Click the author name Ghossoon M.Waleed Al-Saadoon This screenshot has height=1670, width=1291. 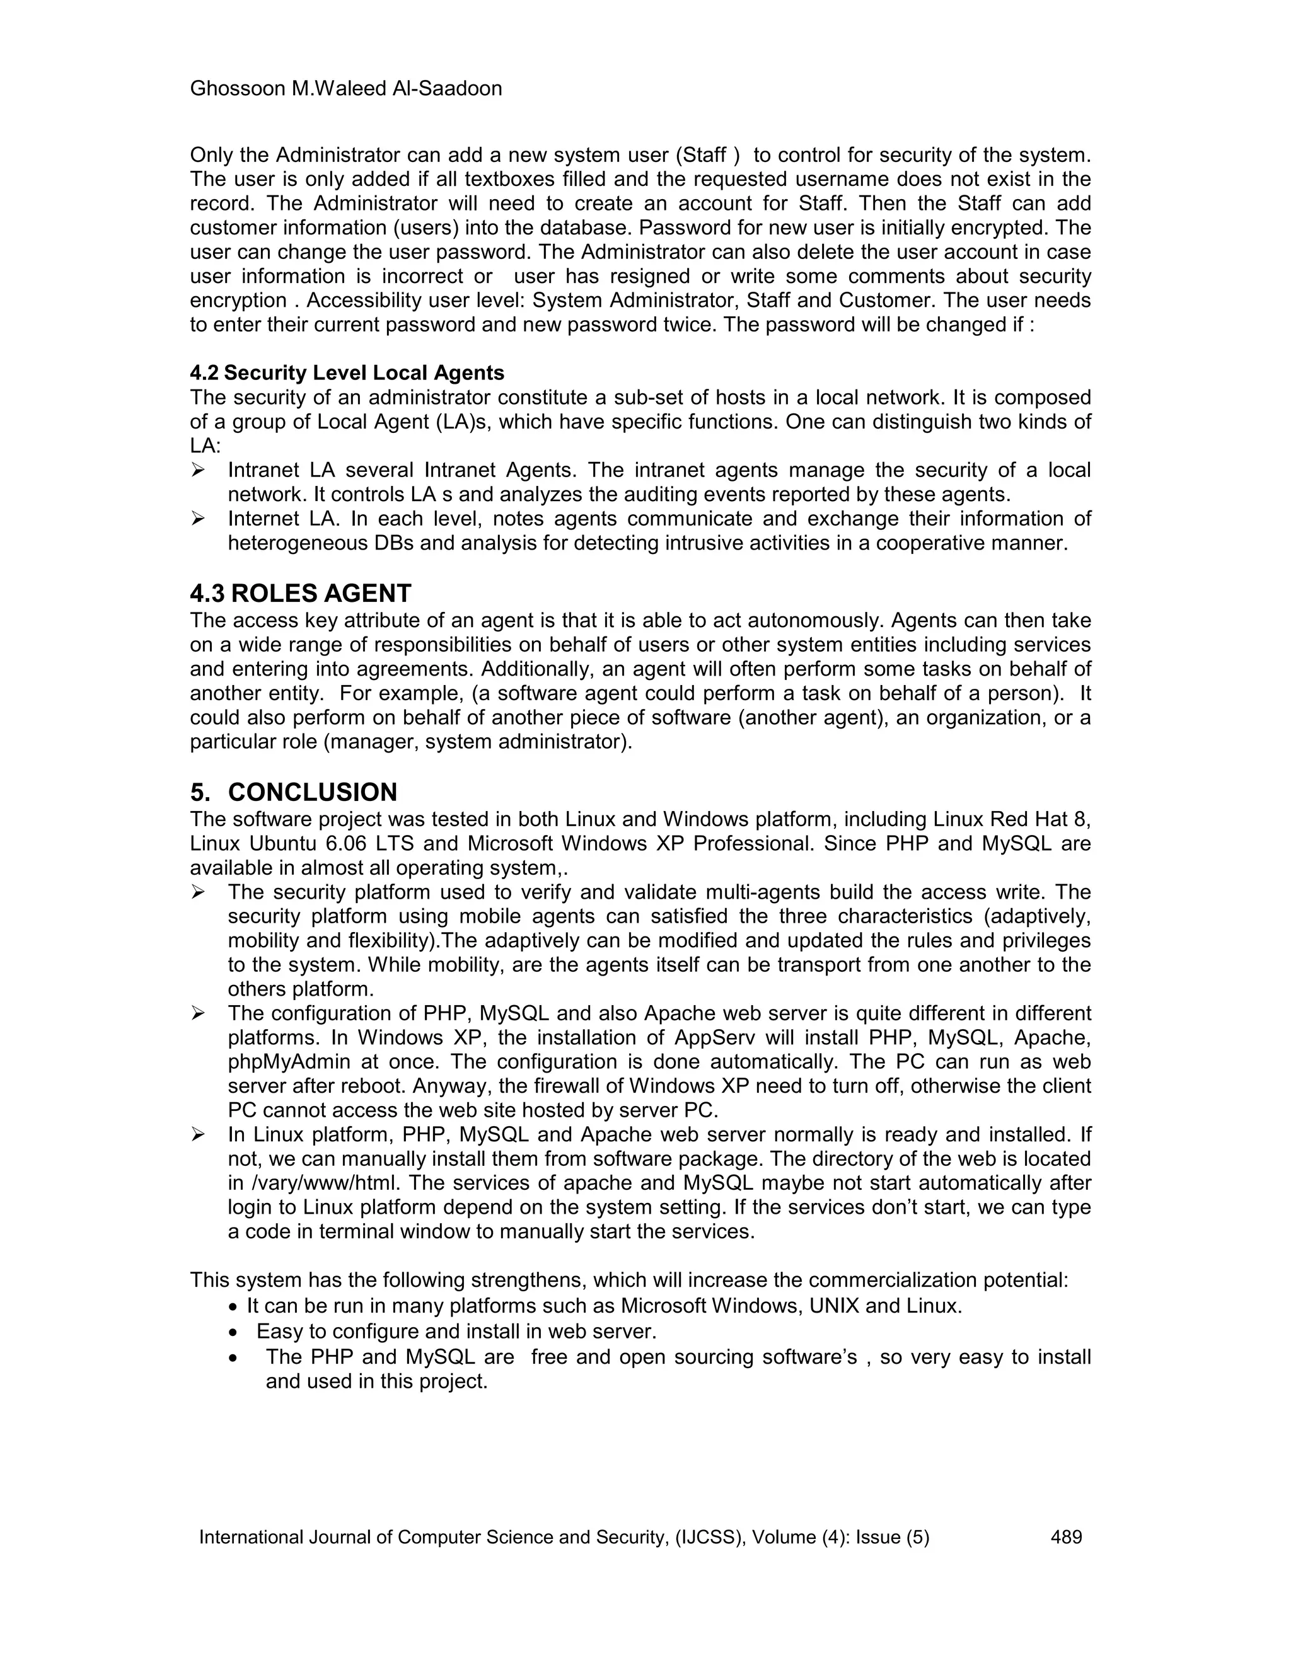tap(345, 89)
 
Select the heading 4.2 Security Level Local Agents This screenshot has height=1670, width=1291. tap(347, 373)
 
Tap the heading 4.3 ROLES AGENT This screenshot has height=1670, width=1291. tap(300, 594)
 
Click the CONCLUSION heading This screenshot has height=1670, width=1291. tap(312, 792)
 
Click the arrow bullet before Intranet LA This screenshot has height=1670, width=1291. tap(198, 470)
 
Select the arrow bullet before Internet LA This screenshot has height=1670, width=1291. tap(198, 519)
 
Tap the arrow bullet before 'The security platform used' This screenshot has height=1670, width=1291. tap(198, 892)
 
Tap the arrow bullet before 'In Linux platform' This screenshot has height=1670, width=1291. tap(198, 1135)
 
